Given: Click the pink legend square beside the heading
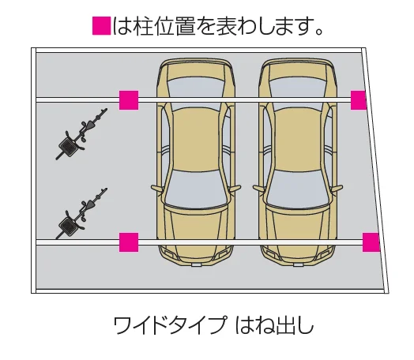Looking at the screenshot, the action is pyautogui.click(x=102, y=26).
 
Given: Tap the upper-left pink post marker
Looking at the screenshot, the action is pyautogui.click(x=129, y=100).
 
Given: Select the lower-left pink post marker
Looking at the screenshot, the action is pyautogui.click(x=129, y=242).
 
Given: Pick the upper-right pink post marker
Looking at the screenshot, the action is pyautogui.click(x=359, y=100).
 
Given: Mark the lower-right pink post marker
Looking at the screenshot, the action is pyautogui.click(x=371, y=242).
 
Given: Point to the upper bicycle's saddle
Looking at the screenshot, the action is pyautogui.click(x=91, y=124).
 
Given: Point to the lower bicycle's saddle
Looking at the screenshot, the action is pyautogui.click(x=91, y=204).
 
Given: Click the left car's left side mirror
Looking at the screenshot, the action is pyautogui.click(x=157, y=188).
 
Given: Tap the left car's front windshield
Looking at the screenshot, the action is pyautogui.click(x=196, y=189).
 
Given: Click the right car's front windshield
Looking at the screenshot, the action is pyautogui.click(x=298, y=189).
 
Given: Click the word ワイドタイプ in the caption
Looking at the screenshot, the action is pyautogui.click(x=171, y=325).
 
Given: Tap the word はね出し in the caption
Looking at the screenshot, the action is pyautogui.click(x=275, y=325).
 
